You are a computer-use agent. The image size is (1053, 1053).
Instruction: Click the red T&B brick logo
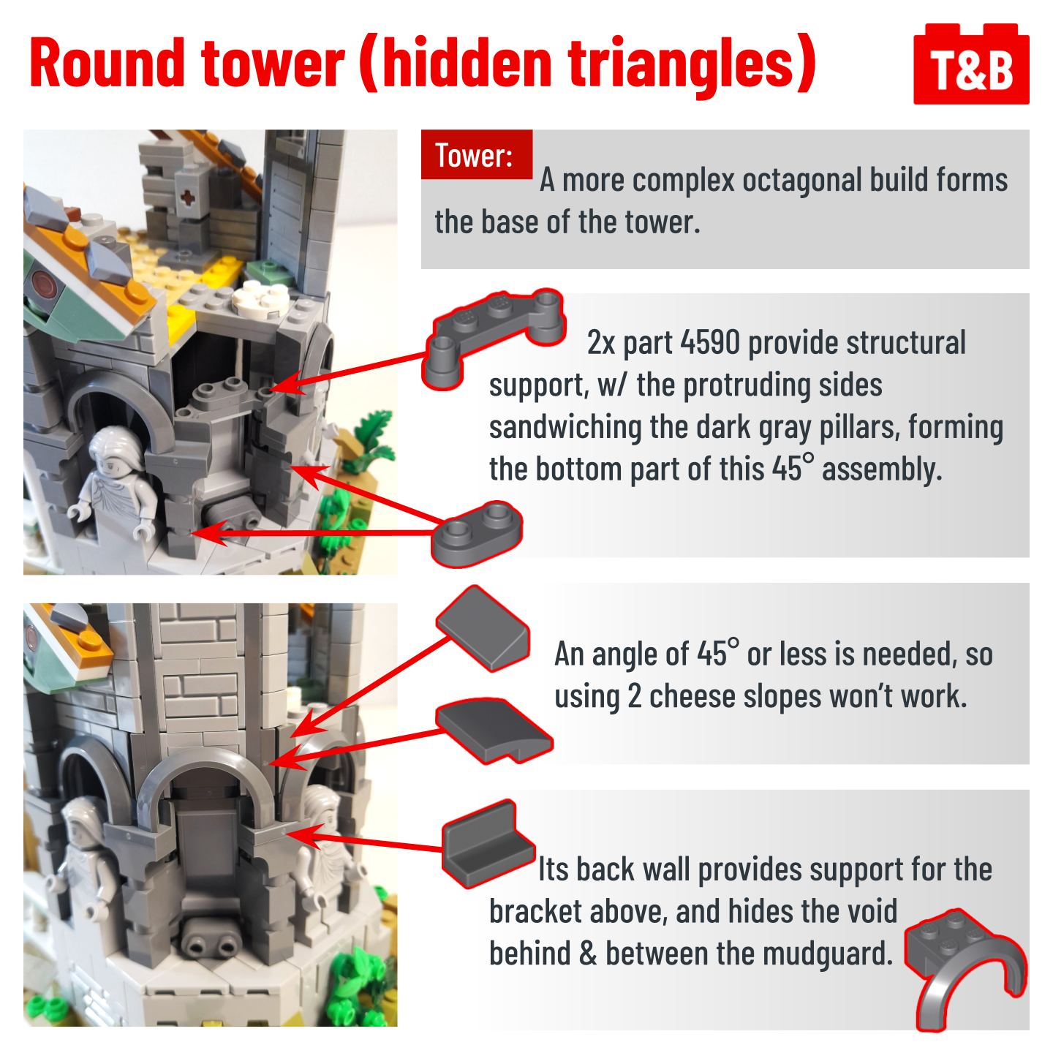click(970, 64)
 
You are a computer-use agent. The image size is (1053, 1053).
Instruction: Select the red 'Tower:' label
click(476, 154)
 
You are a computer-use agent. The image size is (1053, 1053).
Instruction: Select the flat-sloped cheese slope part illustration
click(482, 628)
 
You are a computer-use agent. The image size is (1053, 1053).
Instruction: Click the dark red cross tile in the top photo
click(187, 197)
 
